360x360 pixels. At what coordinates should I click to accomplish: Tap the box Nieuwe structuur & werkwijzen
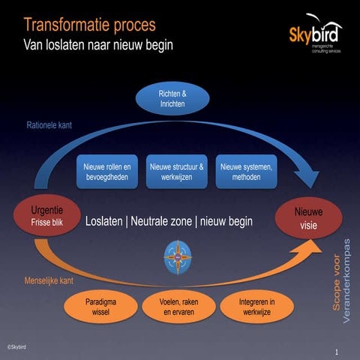[178, 172]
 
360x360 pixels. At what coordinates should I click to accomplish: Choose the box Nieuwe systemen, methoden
[247, 172]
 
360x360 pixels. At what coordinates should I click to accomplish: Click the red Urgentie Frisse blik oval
[42, 217]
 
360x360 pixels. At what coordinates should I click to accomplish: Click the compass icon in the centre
[178, 257]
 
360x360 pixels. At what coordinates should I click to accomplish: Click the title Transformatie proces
[89, 25]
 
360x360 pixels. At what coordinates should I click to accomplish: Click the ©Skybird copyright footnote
[16, 347]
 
